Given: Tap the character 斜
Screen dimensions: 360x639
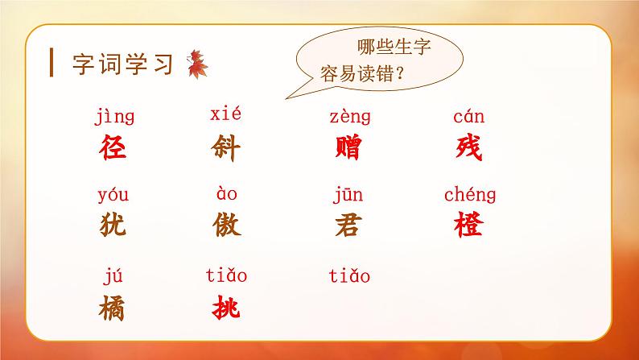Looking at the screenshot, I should [x=228, y=147].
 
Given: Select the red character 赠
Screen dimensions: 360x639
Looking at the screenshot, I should [x=348, y=147].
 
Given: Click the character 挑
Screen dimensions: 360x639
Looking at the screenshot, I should [x=228, y=308].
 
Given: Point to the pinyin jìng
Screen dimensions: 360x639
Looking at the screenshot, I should [x=114, y=119].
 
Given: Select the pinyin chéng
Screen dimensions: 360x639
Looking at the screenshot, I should [x=470, y=196].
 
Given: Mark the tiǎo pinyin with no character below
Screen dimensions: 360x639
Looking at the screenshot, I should [x=349, y=277].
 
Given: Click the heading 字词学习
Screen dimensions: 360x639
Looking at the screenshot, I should [x=123, y=64].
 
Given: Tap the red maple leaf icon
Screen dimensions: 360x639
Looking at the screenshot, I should [x=196, y=64].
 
